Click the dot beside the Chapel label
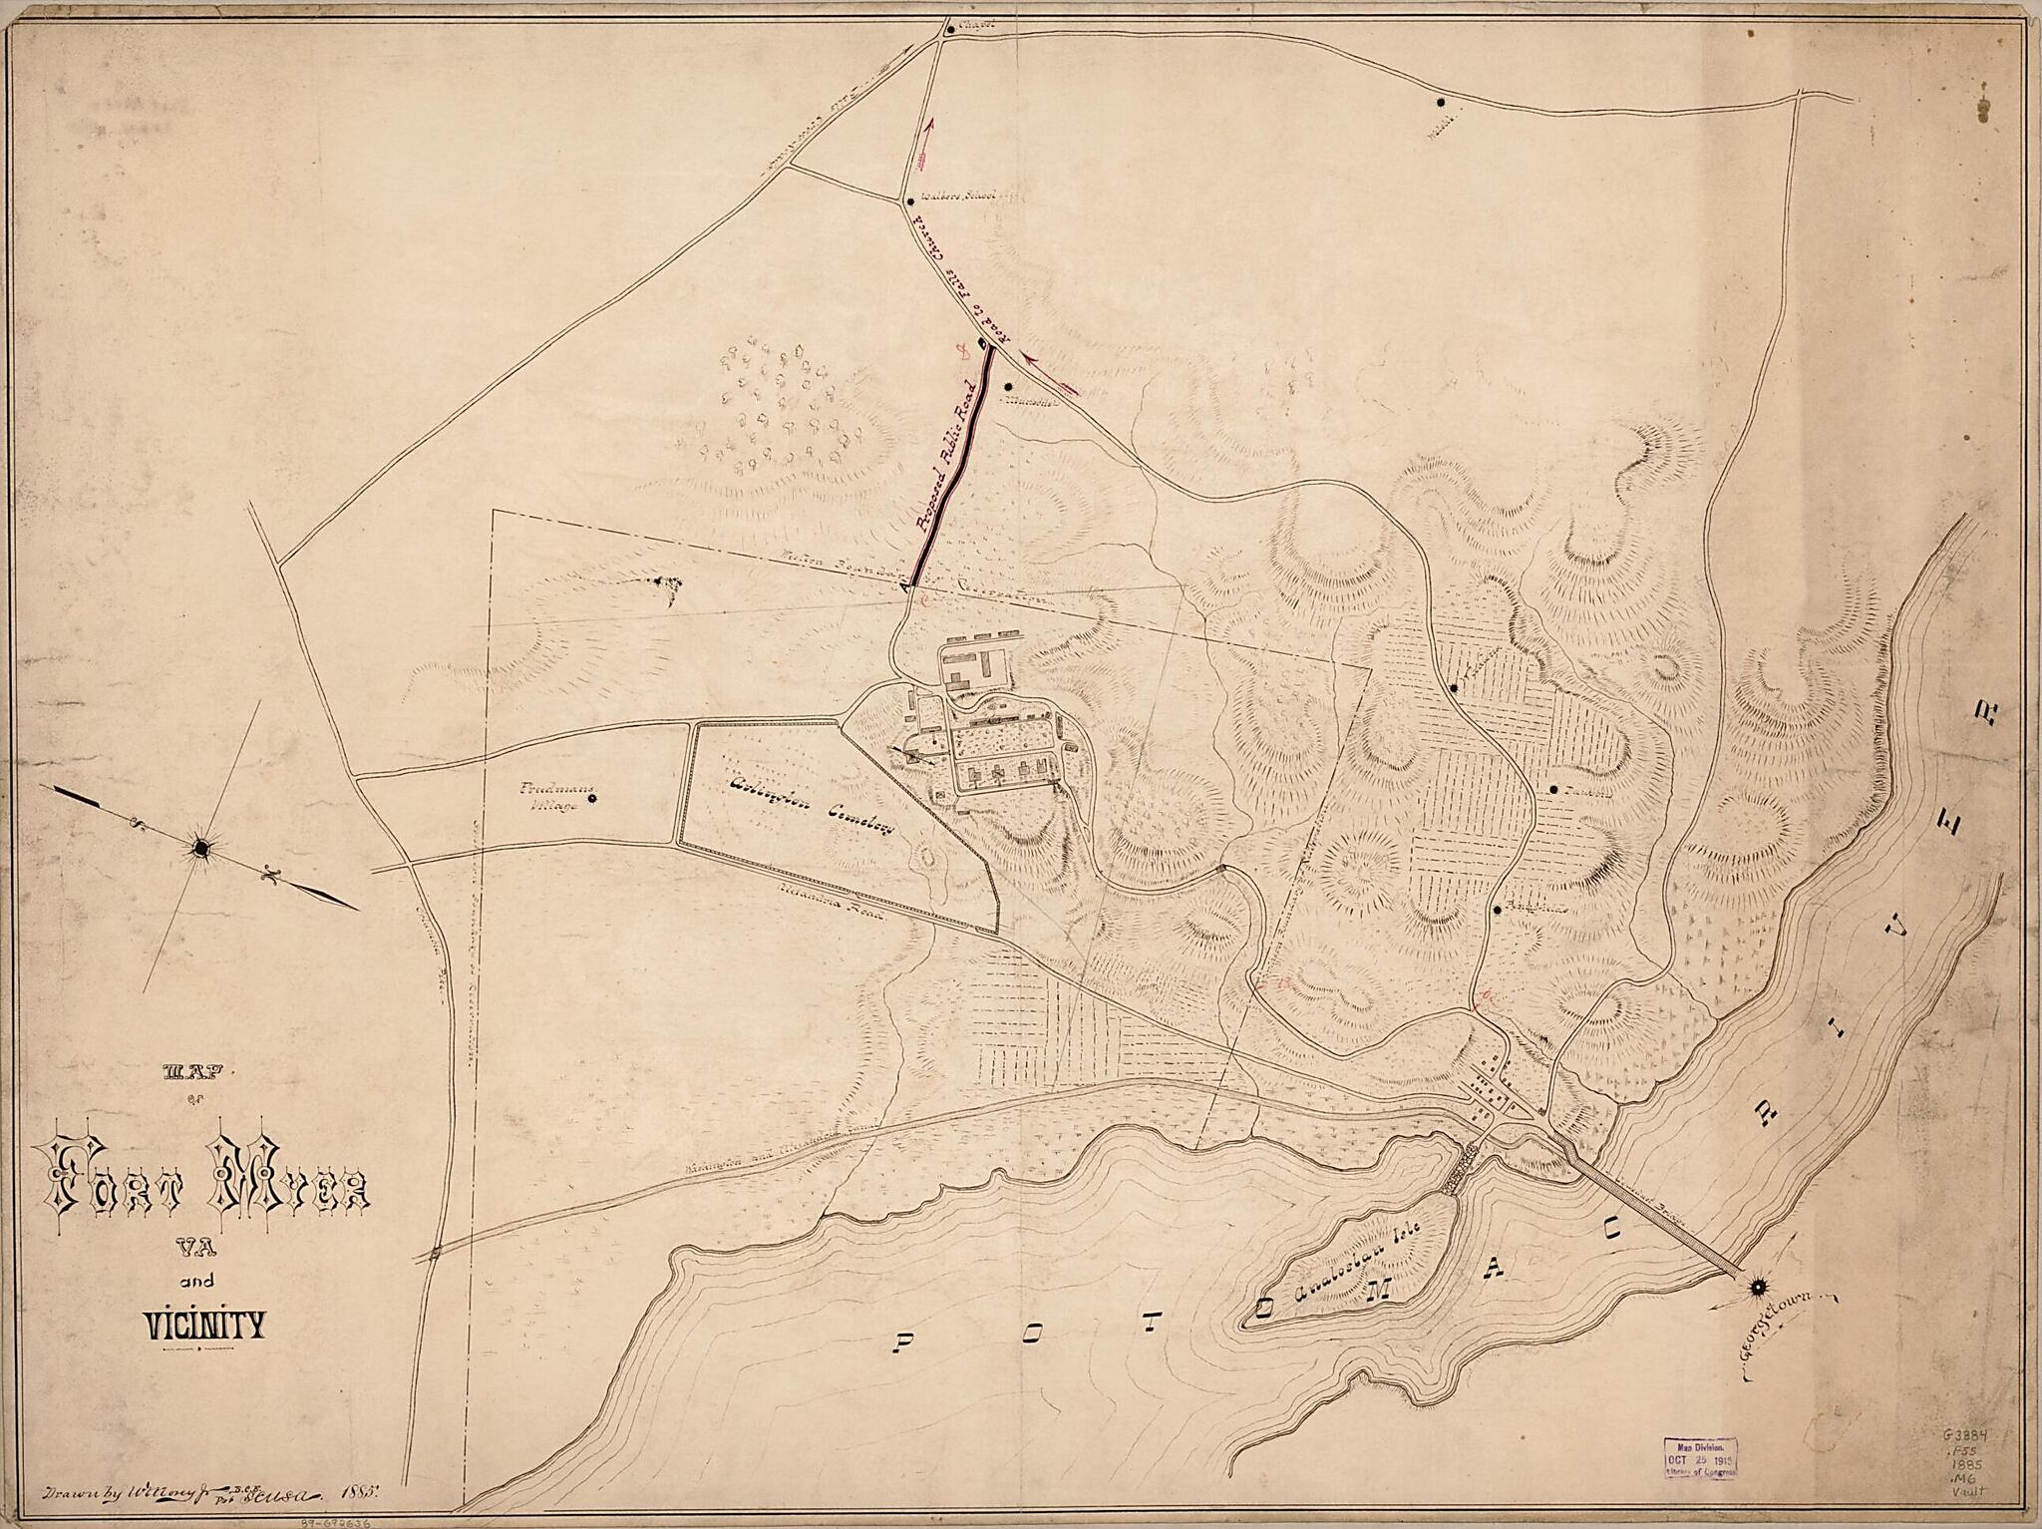[x=950, y=29]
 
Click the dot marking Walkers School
[x=908, y=200]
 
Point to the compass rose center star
[x=202, y=848]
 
